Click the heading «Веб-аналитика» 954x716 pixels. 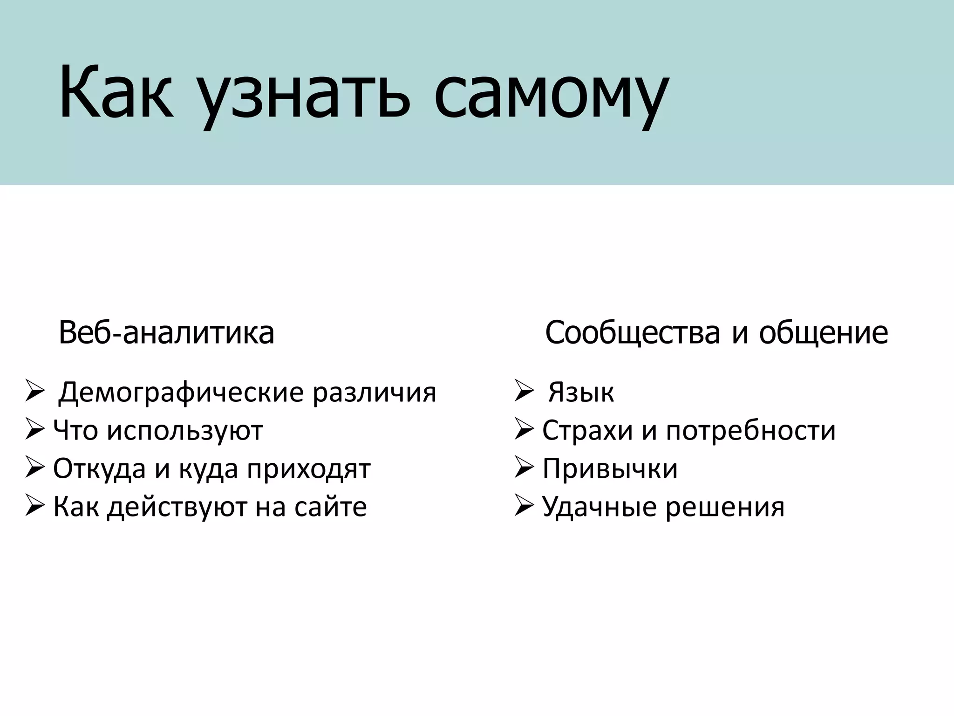tap(166, 333)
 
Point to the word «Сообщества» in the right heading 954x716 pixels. tap(633, 333)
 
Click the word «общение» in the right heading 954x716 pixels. tap(823, 333)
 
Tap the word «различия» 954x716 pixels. tap(374, 392)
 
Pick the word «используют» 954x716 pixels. tap(185, 431)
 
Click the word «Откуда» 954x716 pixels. tap(99, 469)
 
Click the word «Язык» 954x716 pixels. tap(581, 392)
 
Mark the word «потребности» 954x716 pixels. tap(750, 431)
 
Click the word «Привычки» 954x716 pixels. tap(610, 469)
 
